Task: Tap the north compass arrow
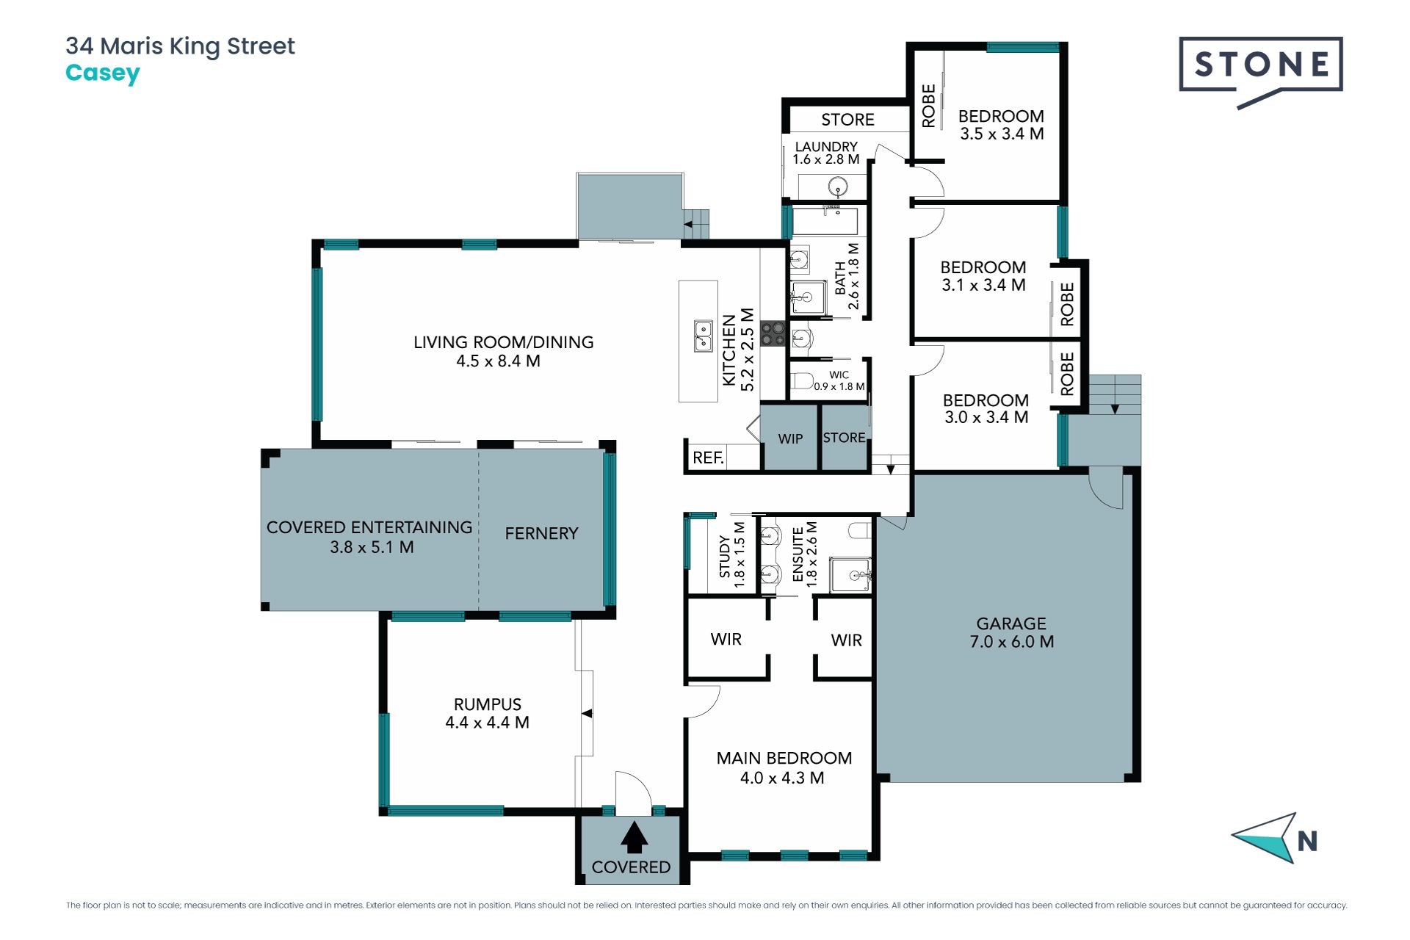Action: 1265,837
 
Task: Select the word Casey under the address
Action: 103,73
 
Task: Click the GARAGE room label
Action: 1011,623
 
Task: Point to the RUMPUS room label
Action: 488,704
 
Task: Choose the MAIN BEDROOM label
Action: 784,758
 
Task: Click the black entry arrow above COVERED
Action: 634,837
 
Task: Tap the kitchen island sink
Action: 704,336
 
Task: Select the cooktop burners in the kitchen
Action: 773,333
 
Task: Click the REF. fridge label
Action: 709,458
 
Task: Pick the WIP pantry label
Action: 790,438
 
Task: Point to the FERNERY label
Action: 542,533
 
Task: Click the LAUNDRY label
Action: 826,147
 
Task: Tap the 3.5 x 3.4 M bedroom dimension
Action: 1002,134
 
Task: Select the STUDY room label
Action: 725,556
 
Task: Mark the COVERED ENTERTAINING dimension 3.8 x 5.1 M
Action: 372,547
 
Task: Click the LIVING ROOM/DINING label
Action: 504,342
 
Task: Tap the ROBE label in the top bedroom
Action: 929,106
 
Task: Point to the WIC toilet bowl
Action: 802,380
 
